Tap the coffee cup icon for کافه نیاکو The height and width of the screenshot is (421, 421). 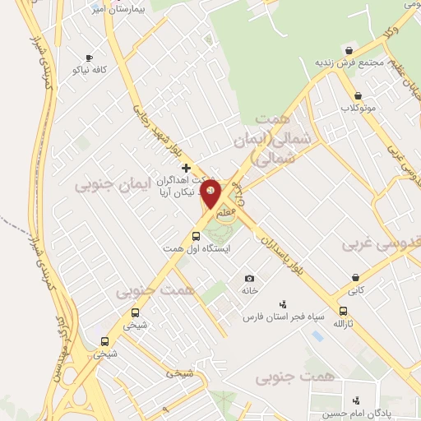(89, 58)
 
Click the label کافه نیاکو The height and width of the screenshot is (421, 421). (90, 70)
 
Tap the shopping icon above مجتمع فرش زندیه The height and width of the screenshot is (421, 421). (349, 50)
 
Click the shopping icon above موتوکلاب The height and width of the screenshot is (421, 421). (358, 95)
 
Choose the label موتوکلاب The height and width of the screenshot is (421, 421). (358, 107)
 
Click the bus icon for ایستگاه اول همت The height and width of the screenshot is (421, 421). (195, 236)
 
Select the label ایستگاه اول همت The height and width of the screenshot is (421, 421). (197, 248)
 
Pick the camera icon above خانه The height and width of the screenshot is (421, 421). (249, 278)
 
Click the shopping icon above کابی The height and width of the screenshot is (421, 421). (356, 278)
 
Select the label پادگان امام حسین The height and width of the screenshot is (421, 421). (356, 413)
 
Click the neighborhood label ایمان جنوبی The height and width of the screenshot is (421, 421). (113, 185)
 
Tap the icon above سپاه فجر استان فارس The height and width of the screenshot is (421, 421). (284, 303)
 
